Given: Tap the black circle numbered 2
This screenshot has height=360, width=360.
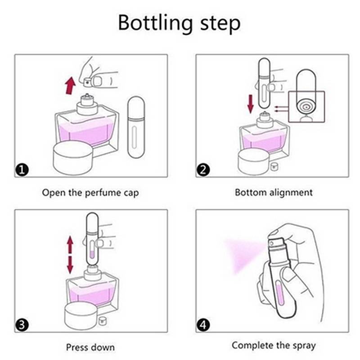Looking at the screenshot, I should tap(203, 170).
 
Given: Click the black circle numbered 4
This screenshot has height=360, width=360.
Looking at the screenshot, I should tap(203, 325).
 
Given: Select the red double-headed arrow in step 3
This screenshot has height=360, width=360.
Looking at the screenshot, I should tap(70, 255).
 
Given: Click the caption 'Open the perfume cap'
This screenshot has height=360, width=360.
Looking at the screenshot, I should tap(90, 193).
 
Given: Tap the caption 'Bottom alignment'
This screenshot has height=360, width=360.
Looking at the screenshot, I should tap(274, 193).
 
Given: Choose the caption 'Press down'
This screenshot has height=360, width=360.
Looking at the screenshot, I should tap(90, 347).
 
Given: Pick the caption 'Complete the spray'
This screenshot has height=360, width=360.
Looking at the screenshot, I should tap(274, 346).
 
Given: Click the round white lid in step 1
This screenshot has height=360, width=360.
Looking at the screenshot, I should tap(73, 158).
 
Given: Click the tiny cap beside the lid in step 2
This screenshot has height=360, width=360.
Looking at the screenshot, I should tap(273, 167).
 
